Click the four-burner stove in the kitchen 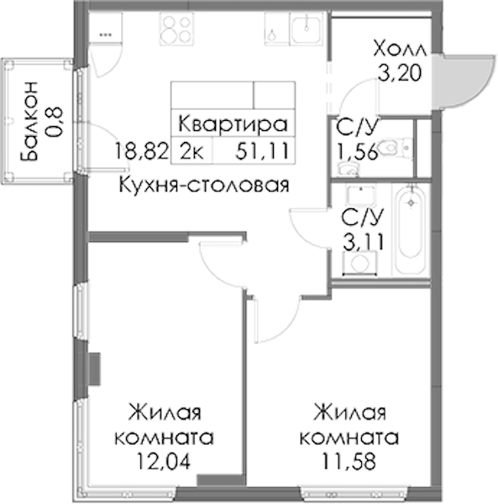(176, 29)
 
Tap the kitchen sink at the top (306, 29)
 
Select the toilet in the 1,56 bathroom (395, 148)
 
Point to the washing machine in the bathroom (359, 263)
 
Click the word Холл (400, 50)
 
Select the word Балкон (29, 121)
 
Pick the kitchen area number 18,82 (142, 151)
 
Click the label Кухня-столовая (204, 185)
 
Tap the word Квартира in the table (233, 124)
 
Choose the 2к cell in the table (191, 151)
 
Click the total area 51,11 (262, 151)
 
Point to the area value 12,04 (164, 461)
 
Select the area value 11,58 (349, 461)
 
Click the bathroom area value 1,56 (356, 151)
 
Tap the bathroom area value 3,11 (363, 242)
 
